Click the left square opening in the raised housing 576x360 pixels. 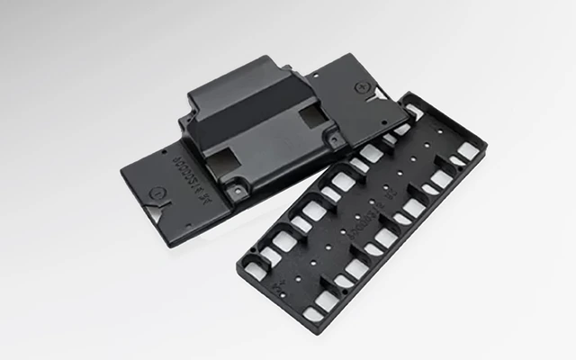(x=220, y=160)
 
